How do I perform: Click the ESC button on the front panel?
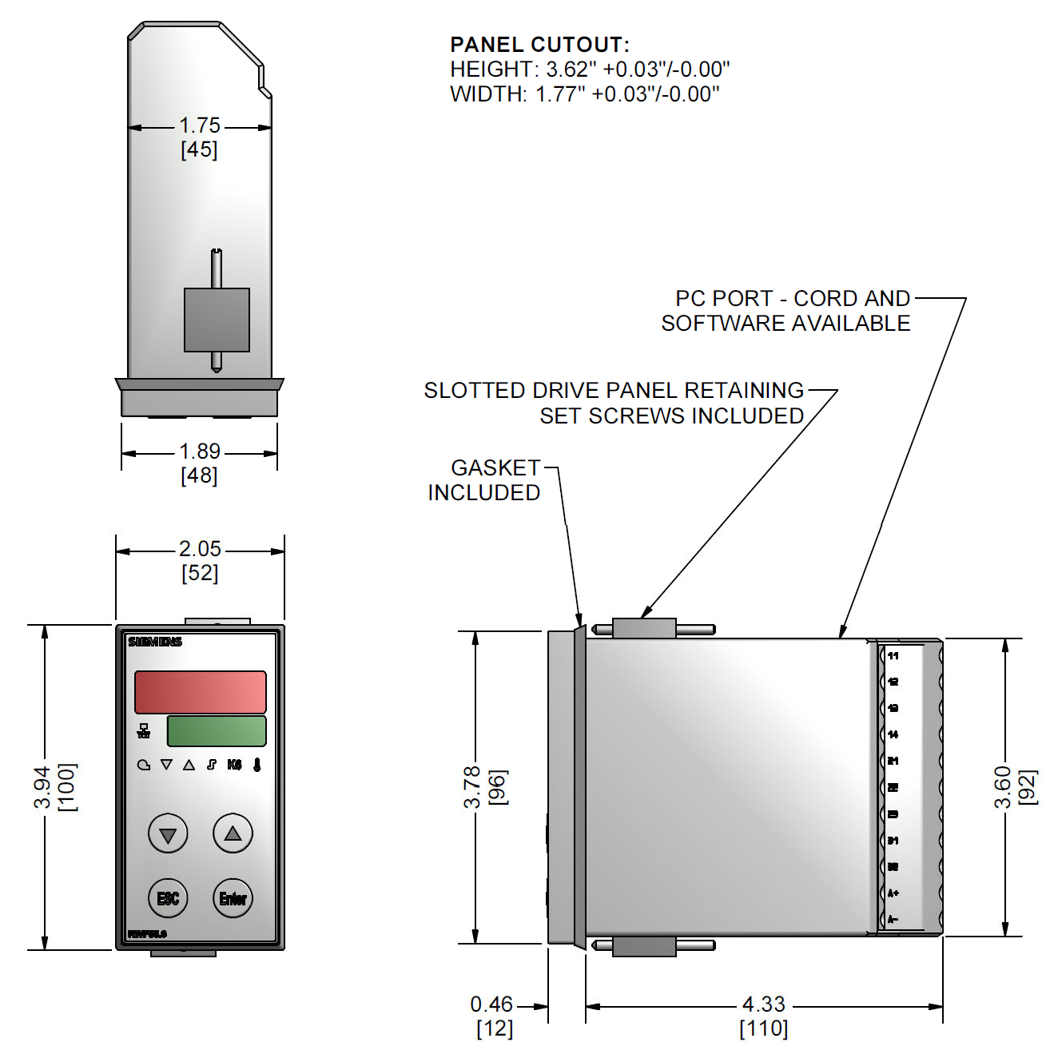point(168,898)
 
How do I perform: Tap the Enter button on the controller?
point(233,898)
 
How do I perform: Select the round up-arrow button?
point(233,833)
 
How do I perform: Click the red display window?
point(201,692)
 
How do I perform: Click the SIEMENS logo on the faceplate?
point(155,642)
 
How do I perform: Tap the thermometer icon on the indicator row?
point(257,765)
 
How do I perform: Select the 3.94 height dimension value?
point(42,787)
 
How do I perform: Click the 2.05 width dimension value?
point(200,549)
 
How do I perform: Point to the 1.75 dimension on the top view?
point(200,125)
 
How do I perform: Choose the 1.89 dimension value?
point(200,451)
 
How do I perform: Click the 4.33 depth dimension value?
point(764,1004)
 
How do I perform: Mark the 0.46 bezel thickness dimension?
point(491,1004)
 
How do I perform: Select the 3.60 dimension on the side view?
point(1003,787)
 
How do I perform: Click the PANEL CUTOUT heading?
point(539,45)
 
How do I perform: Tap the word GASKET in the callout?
point(495,467)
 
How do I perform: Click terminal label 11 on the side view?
point(893,656)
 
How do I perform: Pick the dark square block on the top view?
point(217,320)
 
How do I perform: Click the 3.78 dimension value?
point(472,787)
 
